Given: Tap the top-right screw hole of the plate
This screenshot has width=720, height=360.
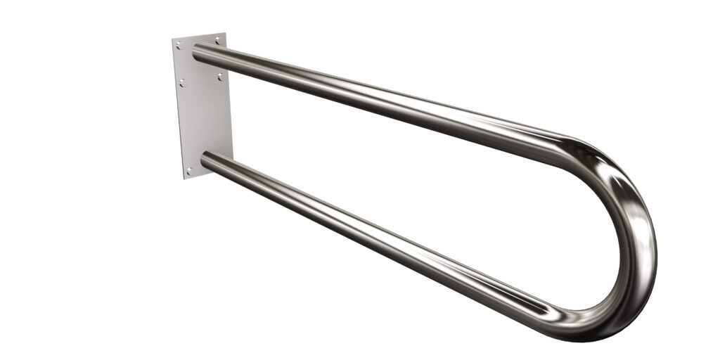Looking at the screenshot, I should pos(218,41).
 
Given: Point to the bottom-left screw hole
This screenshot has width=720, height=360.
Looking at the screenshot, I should pos(188,169).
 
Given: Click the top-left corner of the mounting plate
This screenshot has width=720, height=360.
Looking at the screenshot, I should pos(172,39).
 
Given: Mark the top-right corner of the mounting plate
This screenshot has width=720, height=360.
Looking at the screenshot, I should pos(225,32).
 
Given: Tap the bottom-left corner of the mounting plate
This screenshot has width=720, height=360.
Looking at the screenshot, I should pos(184,179).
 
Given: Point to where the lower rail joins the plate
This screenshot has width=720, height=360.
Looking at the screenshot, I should pos(207,162).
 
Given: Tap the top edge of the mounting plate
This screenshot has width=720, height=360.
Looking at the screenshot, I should pos(199,36).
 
